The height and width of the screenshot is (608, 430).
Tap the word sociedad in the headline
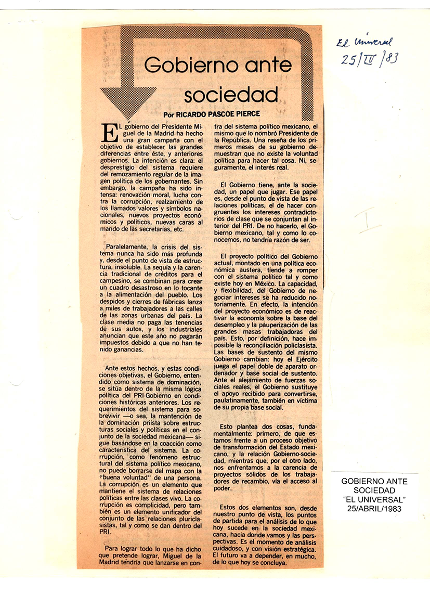click(231, 95)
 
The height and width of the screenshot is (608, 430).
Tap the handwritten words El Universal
click(364, 42)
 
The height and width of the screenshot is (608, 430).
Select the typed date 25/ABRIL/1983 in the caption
click(374, 509)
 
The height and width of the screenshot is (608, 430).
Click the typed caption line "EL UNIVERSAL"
click(374, 500)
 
